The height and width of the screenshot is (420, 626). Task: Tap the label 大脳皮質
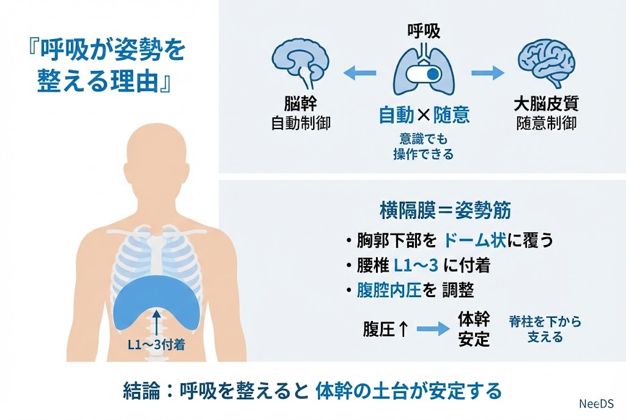[x=546, y=102]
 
